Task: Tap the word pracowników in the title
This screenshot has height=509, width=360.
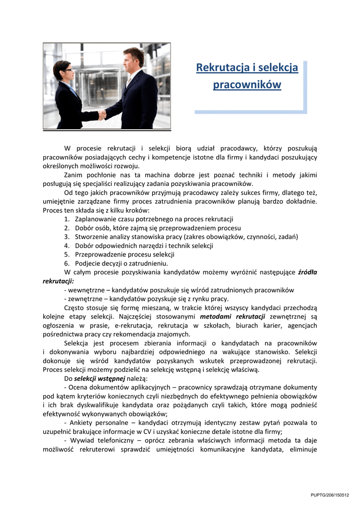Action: click(x=247, y=85)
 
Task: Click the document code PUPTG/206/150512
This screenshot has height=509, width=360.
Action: click(x=330, y=495)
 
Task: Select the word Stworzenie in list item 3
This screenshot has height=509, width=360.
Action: click(x=90, y=237)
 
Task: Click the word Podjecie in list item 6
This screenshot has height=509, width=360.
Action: click(x=87, y=263)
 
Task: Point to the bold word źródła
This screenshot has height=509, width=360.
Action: click(x=307, y=272)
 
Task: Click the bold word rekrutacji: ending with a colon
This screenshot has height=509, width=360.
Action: click(x=58, y=281)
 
